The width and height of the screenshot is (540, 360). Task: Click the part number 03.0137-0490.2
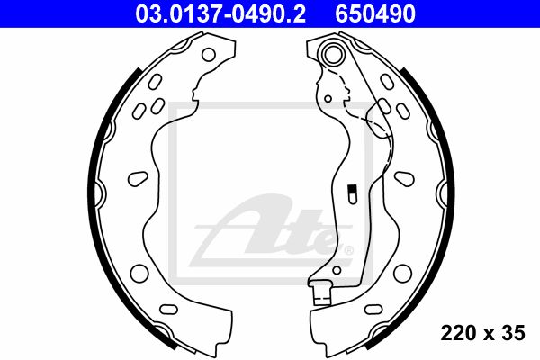tap(220, 13)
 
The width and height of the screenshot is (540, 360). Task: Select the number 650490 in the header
tap(375, 13)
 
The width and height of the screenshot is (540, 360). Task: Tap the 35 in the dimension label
tap(514, 333)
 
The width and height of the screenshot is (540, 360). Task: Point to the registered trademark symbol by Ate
tap(349, 250)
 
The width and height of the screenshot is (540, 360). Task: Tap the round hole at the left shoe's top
tap(209, 54)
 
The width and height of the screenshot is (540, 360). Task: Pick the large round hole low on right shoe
tap(402, 274)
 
